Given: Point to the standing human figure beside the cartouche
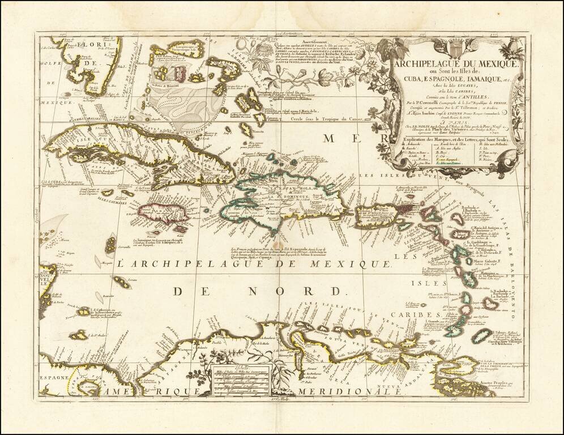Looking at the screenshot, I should (390, 108).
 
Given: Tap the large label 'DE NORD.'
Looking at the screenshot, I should (258, 292).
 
